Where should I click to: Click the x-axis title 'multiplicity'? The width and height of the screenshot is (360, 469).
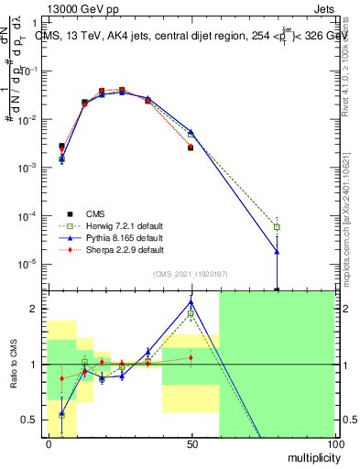308,456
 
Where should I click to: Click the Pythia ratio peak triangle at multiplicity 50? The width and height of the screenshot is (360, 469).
191,301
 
